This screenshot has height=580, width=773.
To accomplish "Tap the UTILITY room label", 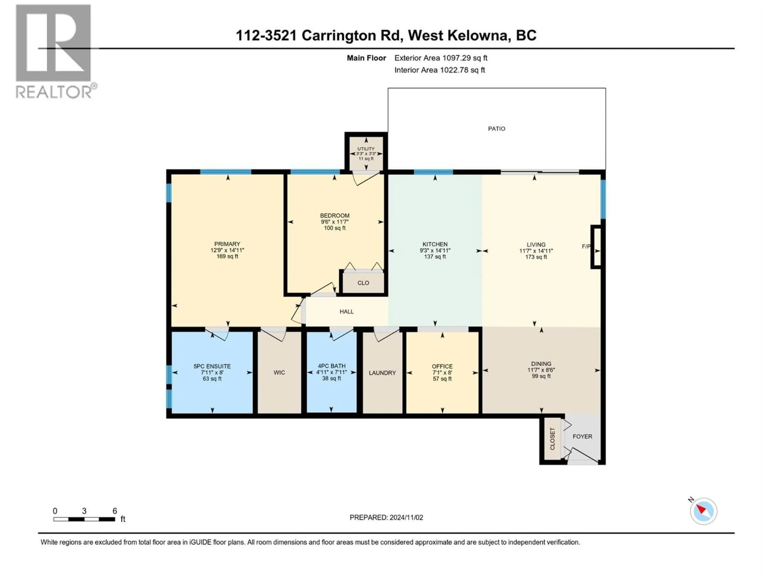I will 366,149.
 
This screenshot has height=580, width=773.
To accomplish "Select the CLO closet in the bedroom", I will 363,283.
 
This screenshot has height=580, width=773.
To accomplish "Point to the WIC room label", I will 279,372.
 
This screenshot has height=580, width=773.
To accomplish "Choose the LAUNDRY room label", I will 382,373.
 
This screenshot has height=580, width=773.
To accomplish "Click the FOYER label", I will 582,436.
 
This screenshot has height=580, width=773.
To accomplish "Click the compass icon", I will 703,511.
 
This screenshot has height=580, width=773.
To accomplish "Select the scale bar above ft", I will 84,519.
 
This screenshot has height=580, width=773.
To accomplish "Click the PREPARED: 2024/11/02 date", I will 386,517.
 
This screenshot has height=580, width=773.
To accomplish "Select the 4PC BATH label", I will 331,366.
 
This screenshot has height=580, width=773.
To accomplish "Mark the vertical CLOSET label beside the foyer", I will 552,439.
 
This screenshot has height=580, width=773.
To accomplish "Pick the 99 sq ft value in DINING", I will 541,376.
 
